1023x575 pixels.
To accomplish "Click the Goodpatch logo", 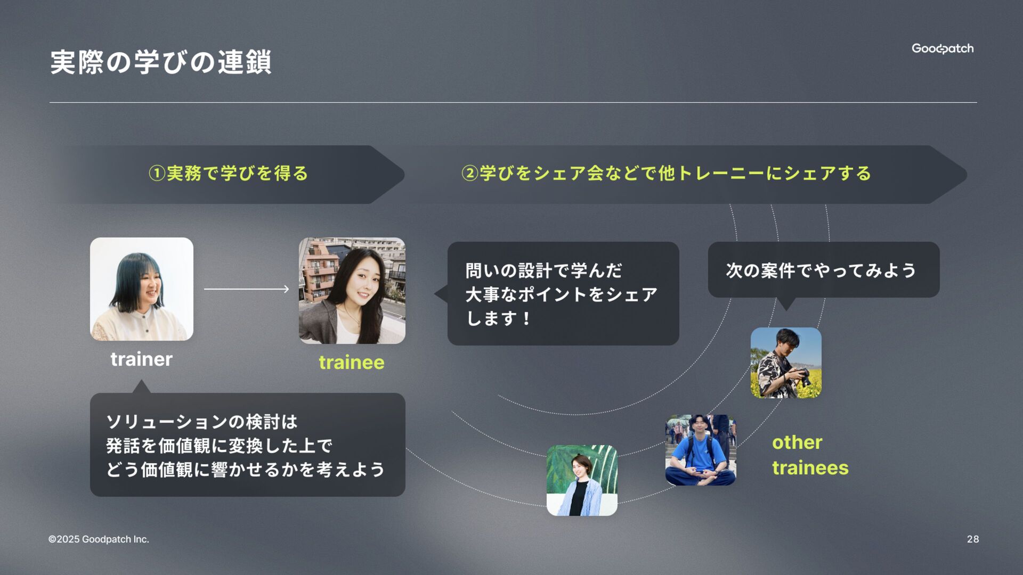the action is coord(942,48).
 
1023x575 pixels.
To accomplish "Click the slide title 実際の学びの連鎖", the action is coord(160,62).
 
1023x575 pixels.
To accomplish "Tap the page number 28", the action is coord(972,539).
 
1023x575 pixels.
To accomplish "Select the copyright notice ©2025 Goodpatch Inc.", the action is coord(99,539).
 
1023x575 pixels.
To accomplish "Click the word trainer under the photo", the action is coord(141,359).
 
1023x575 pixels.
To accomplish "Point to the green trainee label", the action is coord(351,363).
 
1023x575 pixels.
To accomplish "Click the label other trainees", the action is coord(809,455).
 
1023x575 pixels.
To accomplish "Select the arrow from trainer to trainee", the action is coord(246,289).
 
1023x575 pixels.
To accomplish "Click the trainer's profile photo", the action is coord(141,289).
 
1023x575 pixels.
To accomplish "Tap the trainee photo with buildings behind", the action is coord(352,291).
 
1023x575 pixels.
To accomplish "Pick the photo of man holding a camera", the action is coord(785,363).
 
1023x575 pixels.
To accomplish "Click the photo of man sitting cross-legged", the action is coord(700,450).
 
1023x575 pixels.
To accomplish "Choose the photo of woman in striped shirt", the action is coord(581,480).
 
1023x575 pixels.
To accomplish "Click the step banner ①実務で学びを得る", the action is coord(228,174).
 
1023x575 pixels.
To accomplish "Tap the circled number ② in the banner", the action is coord(469,174).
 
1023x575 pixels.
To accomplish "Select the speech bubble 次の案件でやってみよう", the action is coord(823,270).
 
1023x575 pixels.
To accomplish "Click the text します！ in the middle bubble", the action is coord(498,318).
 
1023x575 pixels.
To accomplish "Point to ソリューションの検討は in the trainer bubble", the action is coord(201,422).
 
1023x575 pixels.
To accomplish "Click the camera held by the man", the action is coord(802,375).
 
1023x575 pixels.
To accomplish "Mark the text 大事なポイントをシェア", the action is coord(561,294).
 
